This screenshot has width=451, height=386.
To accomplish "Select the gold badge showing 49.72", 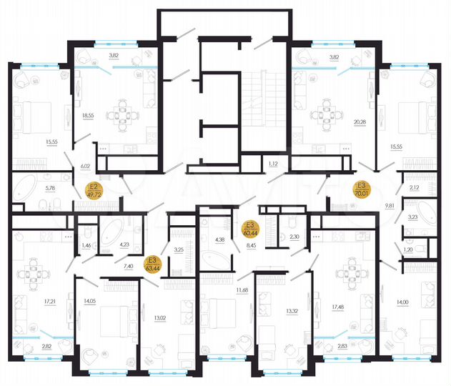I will [x=94, y=192].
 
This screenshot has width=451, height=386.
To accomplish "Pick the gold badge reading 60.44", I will [x=250, y=229].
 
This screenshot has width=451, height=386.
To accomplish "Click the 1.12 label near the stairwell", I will [x=273, y=164].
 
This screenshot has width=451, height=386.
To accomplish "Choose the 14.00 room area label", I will [x=406, y=303].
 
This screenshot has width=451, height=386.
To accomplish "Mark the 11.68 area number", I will [x=241, y=289].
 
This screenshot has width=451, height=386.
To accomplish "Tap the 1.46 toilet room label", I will [x=86, y=245].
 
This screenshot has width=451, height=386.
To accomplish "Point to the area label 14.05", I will [x=89, y=301].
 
